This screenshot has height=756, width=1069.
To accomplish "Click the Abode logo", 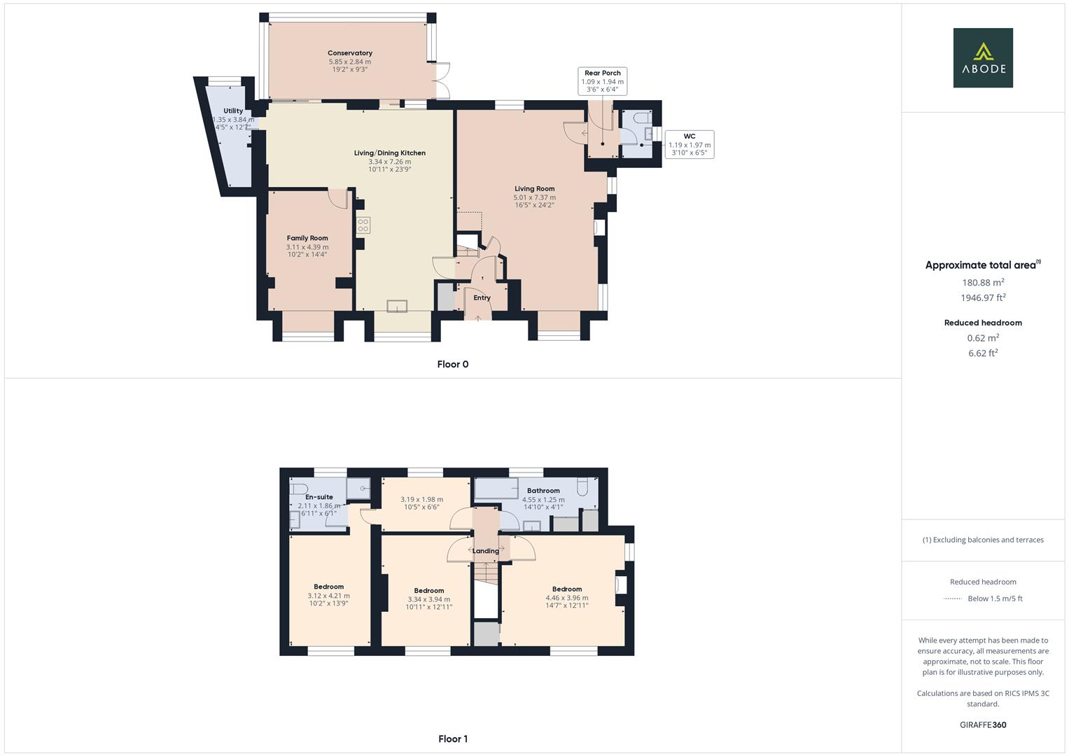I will click(x=983, y=57).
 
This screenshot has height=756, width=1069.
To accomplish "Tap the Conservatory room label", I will click(x=350, y=53).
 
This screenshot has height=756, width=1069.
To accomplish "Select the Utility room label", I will click(x=233, y=111).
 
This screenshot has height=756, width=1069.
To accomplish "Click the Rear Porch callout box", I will click(x=602, y=81).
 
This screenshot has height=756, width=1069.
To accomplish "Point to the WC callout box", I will click(x=689, y=144).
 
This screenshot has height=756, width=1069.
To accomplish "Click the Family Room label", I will click(x=307, y=238).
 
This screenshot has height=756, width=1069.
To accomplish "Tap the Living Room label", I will click(x=534, y=188).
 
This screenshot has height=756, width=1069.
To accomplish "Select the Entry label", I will click(x=482, y=297).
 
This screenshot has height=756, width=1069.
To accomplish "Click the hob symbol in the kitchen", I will click(x=363, y=225).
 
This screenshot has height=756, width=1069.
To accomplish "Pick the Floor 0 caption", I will click(x=452, y=364).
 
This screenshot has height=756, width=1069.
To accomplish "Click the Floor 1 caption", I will click(x=452, y=738).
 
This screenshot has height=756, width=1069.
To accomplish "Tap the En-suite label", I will click(x=319, y=497).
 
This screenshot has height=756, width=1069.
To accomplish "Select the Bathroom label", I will click(x=543, y=491).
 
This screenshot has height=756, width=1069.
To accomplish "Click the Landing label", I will click(x=486, y=551).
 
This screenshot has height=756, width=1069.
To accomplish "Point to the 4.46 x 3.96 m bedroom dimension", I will click(x=567, y=598).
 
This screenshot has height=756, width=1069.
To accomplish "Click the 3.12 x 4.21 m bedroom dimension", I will click(x=328, y=596).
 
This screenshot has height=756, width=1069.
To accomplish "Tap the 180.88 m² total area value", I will click(x=983, y=282).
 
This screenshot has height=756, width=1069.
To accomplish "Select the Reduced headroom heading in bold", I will click(x=983, y=323).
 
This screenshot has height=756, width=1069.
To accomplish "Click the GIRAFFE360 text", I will click(x=983, y=724).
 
